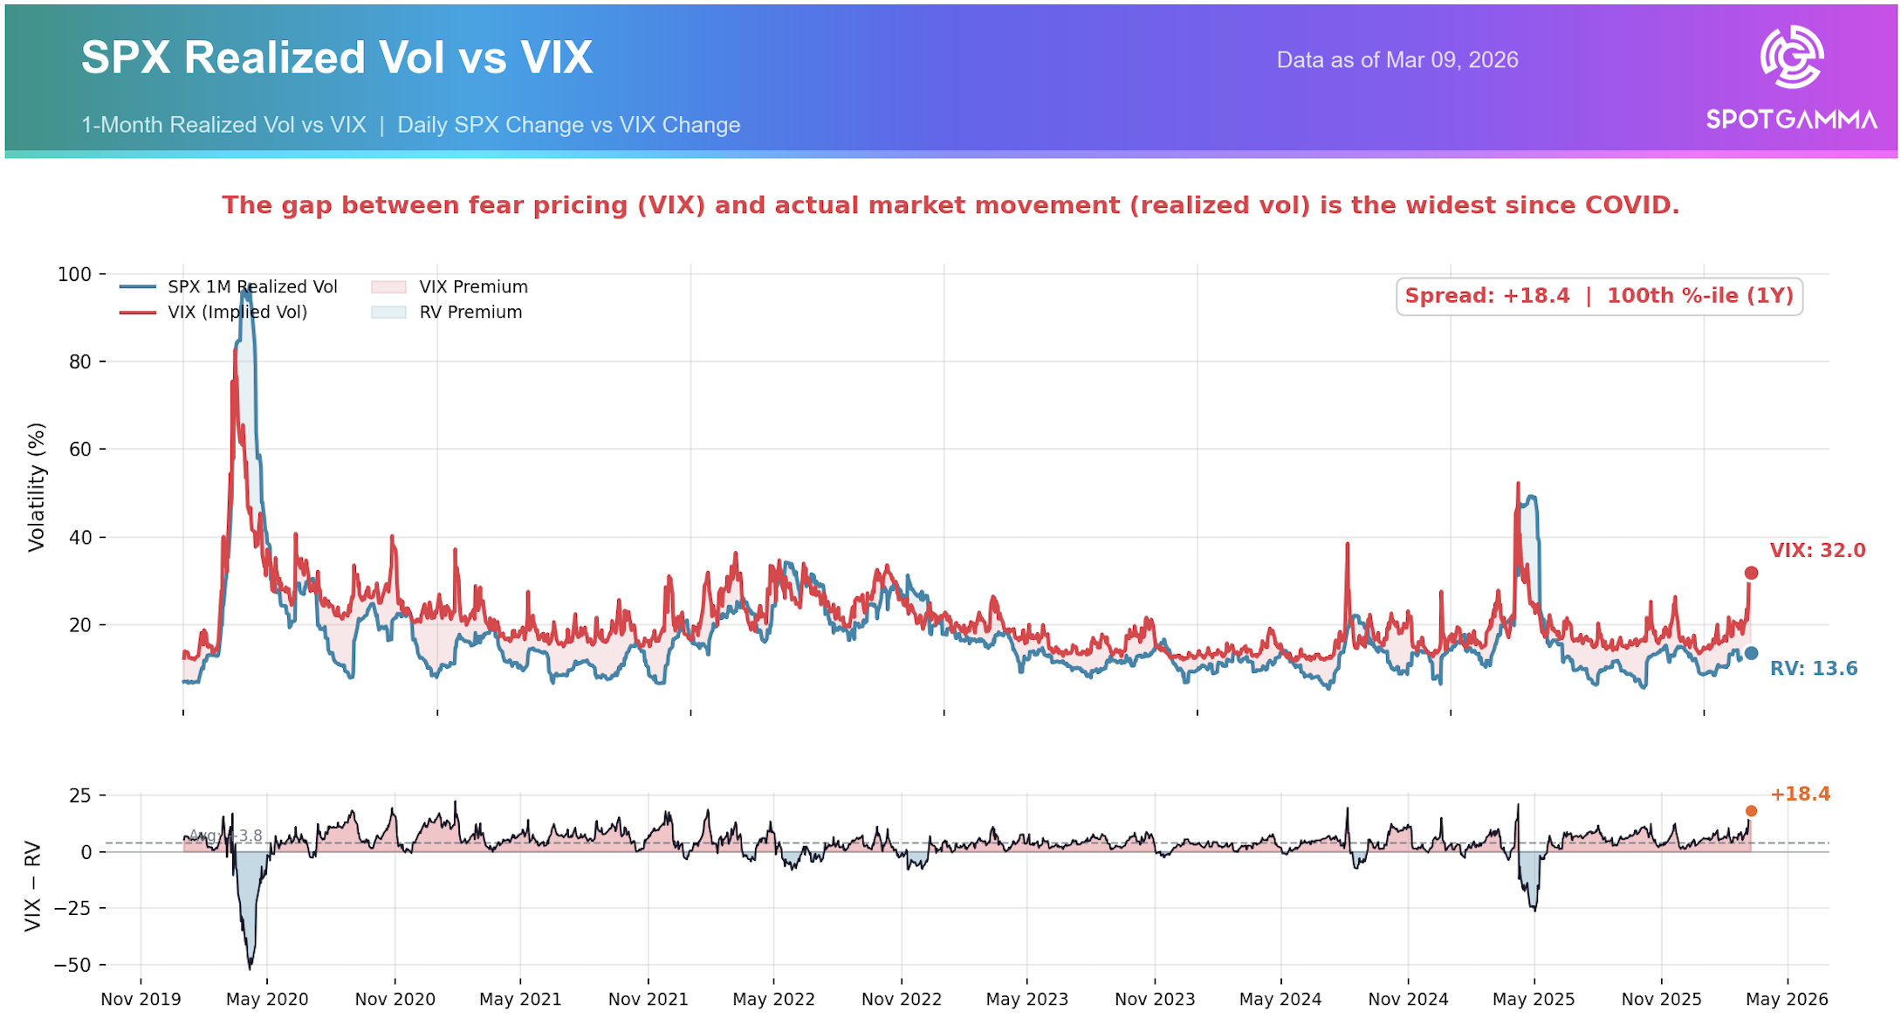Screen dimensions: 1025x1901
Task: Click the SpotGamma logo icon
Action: pyautogui.click(x=1791, y=58)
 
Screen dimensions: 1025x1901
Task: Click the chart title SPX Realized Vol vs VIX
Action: pyautogui.click(x=337, y=58)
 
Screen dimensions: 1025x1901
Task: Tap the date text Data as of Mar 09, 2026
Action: pyautogui.click(x=1397, y=60)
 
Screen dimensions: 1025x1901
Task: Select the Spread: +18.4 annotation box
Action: pyautogui.click(x=1598, y=296)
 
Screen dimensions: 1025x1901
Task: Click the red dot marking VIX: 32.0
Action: pyautogui.click(x=1751, y=573)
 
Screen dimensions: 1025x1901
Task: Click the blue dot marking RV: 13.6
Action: pyautogui.click(x=1751, y=653)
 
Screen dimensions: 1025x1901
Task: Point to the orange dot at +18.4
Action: pyautogui.click(x=1751, y=811)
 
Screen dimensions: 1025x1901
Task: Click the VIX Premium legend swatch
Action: pyautogui.click(x=388, y=287)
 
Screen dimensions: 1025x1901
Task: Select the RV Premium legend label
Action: pyautogui.click(x=470, y=313)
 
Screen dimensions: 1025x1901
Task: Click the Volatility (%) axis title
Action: pyautogui.click(x=36, y=487)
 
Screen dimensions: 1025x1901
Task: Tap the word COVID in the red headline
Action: pyautogui.click(x=1630, y=205)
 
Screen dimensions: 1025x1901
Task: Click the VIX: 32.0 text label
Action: pyautogui.click(x=1817, y=551)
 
